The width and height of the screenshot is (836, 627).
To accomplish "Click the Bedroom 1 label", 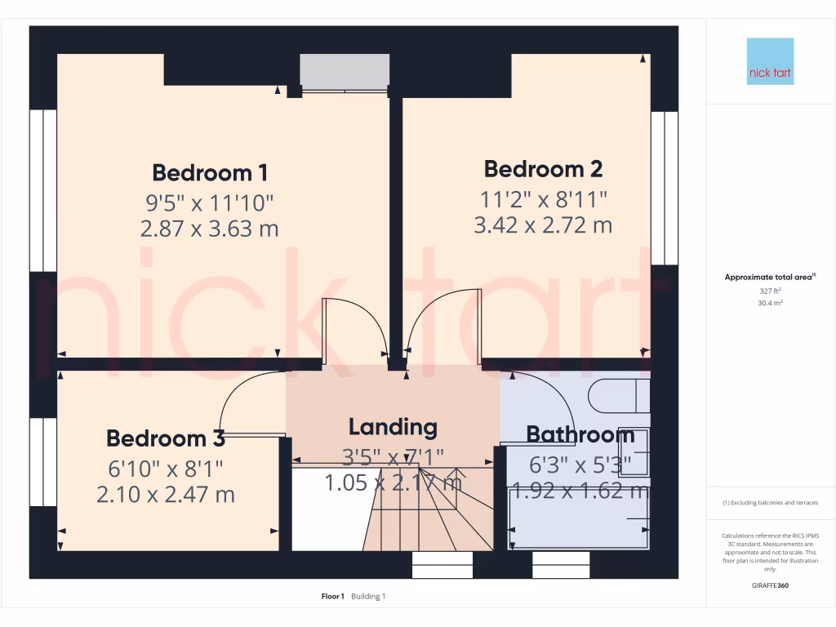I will click(210, 173).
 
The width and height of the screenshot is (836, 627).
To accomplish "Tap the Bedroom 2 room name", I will click(543, 169).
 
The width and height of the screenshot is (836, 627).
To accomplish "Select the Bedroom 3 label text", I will click(166, 438).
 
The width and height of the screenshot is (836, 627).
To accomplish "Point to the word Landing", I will click(393, 426).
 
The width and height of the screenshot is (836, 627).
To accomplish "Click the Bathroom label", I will click(580, 434).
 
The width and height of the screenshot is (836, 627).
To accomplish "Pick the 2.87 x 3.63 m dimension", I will click(210, 229).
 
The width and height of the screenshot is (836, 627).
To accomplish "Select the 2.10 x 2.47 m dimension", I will click(166, 494).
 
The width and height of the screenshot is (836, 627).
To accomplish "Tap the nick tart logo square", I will click(770, 61).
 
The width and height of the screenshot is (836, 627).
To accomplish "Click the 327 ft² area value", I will click(770, 291).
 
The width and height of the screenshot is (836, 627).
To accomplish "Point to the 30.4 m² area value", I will click(770, 302).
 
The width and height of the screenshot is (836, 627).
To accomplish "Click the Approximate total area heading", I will click(769, 278).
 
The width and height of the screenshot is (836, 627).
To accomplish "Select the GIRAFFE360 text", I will click(770, 585).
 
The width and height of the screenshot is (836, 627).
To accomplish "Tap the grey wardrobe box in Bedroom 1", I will click(344, 73).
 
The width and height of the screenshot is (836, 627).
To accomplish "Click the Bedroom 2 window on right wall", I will click(665, 188).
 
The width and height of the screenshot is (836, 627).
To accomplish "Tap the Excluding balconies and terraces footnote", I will click(770, 503).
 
